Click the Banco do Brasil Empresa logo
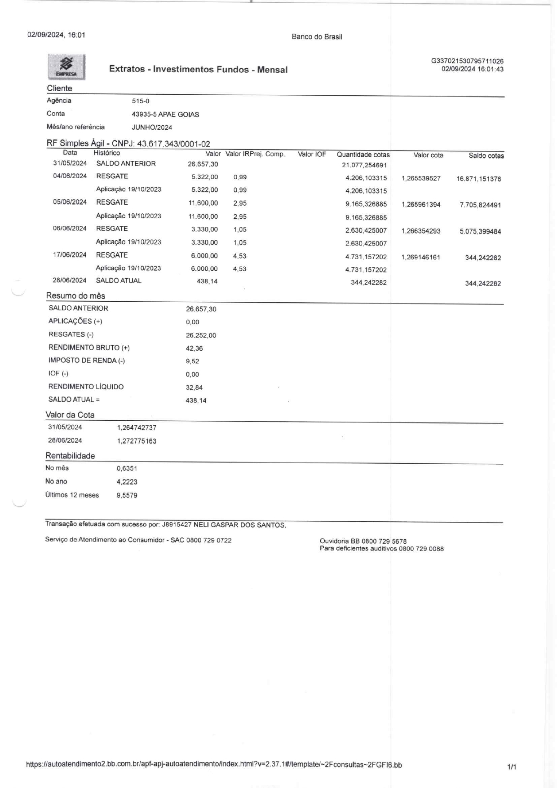point(66,67)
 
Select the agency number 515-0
point(141,101)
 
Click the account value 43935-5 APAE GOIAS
point(165,114)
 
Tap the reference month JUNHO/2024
point(152,128)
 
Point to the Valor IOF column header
point(312,154)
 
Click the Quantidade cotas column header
point(363,155)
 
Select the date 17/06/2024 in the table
point(70,255)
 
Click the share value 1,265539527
point(421,179)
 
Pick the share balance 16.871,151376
point(479,179)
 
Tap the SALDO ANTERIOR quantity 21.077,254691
point(364,165)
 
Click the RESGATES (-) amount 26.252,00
point(201,335)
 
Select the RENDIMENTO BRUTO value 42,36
point(194,348)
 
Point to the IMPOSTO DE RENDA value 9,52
point(192,361)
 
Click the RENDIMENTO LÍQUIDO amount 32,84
point(194,387)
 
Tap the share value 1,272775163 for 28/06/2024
point(137,441)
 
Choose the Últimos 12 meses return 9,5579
point(127,496)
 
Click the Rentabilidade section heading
point(70,456)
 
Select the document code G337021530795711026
point(467,61)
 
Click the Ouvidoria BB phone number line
point(363,541)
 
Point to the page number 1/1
point(512,767)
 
